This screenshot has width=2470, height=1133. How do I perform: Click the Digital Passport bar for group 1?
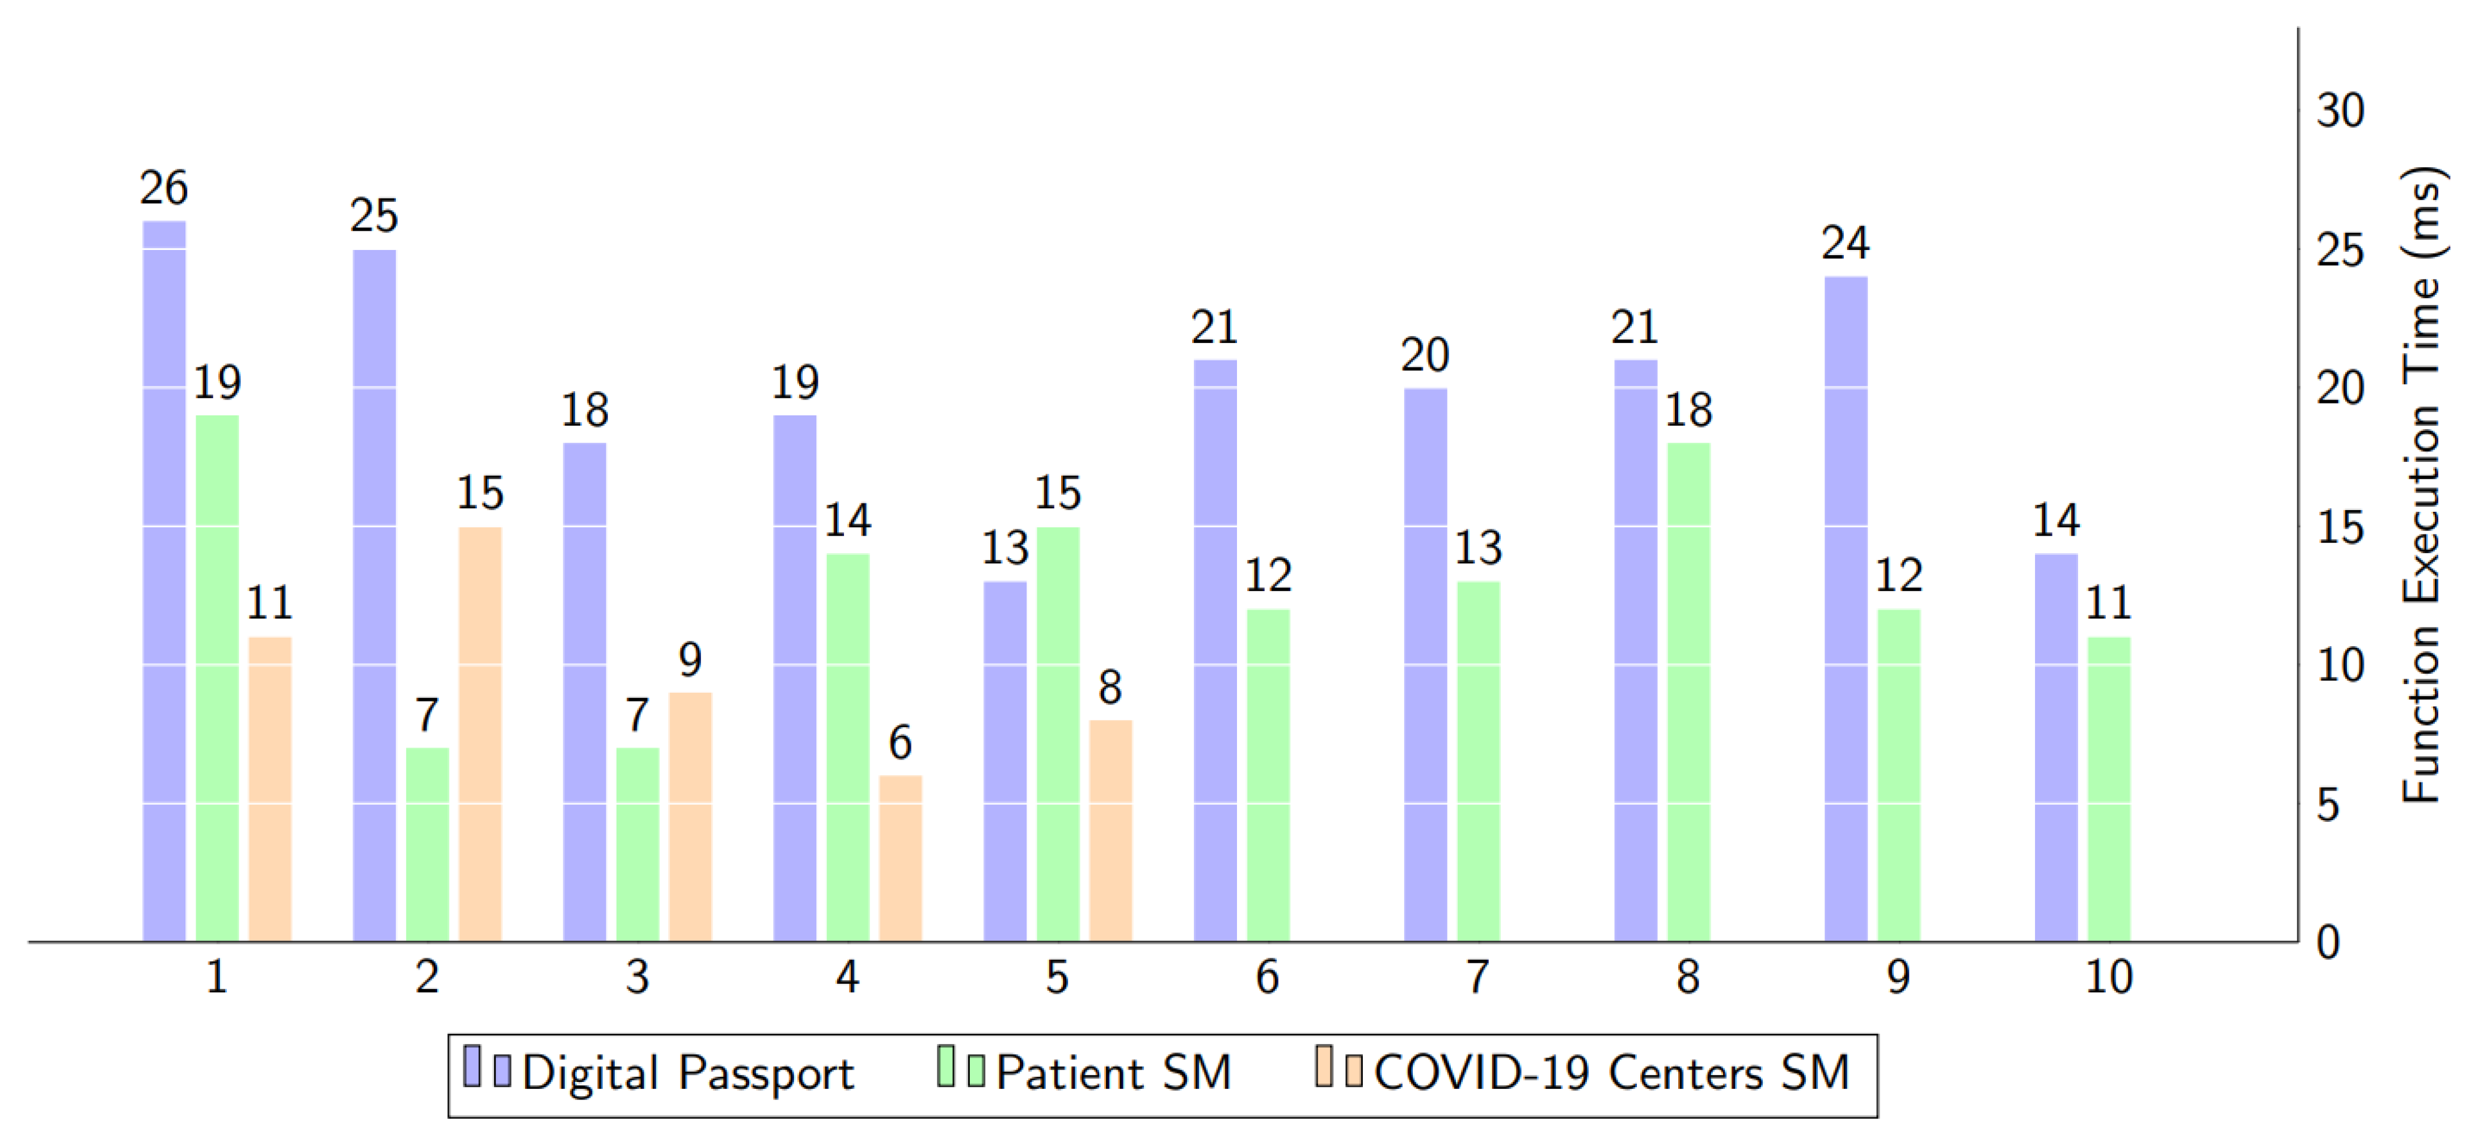(164, 581)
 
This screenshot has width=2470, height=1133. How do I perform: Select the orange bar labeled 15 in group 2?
(479, 733)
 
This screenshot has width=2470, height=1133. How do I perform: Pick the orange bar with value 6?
(900, 858)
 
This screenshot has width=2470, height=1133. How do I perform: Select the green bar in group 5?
(1058, 733)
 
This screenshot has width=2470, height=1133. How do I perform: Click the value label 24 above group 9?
(1845, 244)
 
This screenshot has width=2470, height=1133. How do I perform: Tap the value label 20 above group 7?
(1424, 355)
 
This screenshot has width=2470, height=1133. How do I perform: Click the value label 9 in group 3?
(690, 660)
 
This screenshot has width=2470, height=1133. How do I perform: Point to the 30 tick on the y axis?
(2340, 111)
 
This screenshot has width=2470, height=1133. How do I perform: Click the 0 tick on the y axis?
(2328, 943)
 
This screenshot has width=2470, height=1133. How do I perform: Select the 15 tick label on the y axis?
(2340, 527)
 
